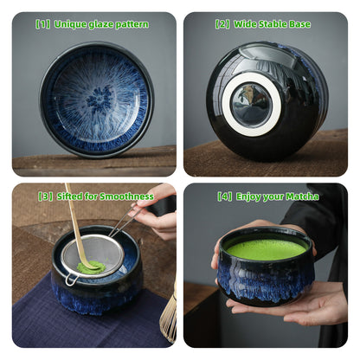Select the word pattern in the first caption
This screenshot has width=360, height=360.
132,24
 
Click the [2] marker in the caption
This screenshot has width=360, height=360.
222,24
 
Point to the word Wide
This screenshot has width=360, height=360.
246,24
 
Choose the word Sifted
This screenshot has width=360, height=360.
68,196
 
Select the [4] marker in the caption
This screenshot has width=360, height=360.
225,196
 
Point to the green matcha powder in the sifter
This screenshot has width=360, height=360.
92,267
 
